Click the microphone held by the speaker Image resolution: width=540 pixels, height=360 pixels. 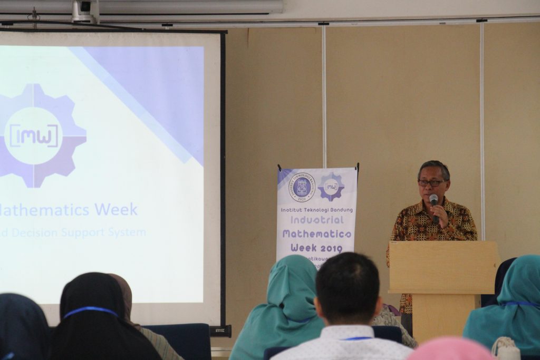point(433,200)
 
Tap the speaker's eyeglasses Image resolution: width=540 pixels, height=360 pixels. point(431,183)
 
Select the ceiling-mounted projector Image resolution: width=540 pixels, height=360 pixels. point(85,11)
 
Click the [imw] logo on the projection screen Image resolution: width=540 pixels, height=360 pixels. point(33,135)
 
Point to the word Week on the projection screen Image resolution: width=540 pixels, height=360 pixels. point(117,209)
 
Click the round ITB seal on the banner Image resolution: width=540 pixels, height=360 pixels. point(302,187)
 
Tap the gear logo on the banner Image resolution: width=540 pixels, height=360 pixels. point(331,187)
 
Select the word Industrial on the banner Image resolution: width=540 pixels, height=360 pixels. point(317,220)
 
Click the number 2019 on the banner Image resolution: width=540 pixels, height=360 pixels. point(331,248)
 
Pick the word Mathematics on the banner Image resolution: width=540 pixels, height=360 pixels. point(317,233)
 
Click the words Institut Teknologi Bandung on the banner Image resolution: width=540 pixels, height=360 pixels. point(316,209)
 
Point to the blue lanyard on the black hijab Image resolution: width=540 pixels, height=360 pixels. point(91,310)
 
